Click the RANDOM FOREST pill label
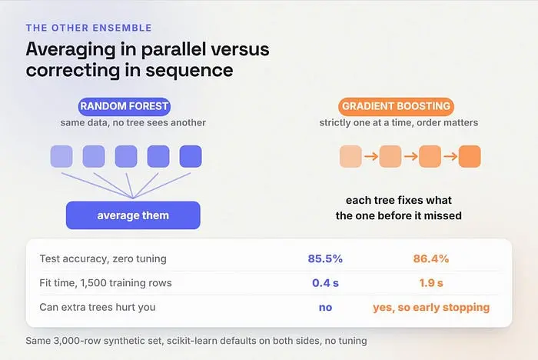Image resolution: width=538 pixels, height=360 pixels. tap(125, 106)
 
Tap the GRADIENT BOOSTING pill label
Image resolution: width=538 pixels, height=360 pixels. tap(396, 106)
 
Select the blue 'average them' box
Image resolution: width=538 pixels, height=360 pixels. tap(133, 215)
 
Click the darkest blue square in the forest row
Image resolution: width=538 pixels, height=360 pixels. tap(191, 156)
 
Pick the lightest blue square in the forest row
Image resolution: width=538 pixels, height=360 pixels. tap(61, 156)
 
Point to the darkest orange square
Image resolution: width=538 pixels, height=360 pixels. tap(470, 156)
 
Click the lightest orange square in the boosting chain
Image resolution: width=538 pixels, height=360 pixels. tap(350, 156)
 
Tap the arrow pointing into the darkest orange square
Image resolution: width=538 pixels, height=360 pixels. tap(450, 156)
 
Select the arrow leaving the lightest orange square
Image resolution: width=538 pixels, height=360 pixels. tap(371, 156)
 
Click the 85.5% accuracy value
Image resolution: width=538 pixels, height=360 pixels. tap(325, 258)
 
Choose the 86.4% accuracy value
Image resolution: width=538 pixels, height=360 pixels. tap(431, 258)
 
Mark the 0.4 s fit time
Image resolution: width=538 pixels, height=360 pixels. tap(325, 283)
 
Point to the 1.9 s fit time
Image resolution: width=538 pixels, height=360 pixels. tap(431, 283)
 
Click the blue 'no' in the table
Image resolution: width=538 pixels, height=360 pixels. tap(325, 308)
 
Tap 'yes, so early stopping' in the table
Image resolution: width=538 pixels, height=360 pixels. tap(431, 308)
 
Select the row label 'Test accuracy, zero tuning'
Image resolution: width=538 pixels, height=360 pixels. tap(103, 258)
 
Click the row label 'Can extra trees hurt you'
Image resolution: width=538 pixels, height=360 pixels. tap(98, 307)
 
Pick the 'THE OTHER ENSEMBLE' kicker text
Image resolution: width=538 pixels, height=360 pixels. tap(89, 28)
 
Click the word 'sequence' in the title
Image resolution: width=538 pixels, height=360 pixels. tap(189, 71)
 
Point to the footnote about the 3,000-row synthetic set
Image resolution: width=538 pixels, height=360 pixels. tap(196, 341)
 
